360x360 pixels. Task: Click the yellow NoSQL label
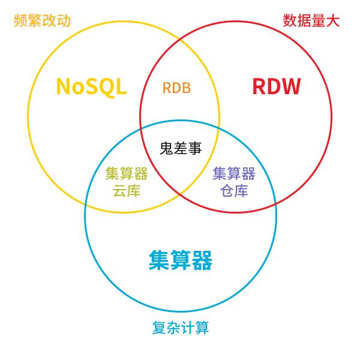(x=91, y=87)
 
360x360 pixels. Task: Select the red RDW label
(x=276, y=87)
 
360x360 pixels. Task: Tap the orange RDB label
(x=176, y=88)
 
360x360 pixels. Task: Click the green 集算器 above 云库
(x=127, y=174)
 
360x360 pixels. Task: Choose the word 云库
(x=127, y=191)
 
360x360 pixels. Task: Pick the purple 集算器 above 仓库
(x=234, y=174)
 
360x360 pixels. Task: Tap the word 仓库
(x=234, y=191)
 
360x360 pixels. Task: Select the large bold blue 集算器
(x=181, y=260)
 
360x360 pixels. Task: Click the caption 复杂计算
(x=181, y=328)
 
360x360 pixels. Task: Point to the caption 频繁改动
(x=42, y=21)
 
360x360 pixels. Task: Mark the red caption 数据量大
(x=311, y=21)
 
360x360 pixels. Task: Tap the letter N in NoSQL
(x=64, y=87)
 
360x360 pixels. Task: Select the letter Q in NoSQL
(x=106, y=87)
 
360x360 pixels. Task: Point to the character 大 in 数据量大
(x=333, y=21)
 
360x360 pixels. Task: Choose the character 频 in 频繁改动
(x=20, y=21)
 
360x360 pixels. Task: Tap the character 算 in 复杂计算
(x=202, y=328)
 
